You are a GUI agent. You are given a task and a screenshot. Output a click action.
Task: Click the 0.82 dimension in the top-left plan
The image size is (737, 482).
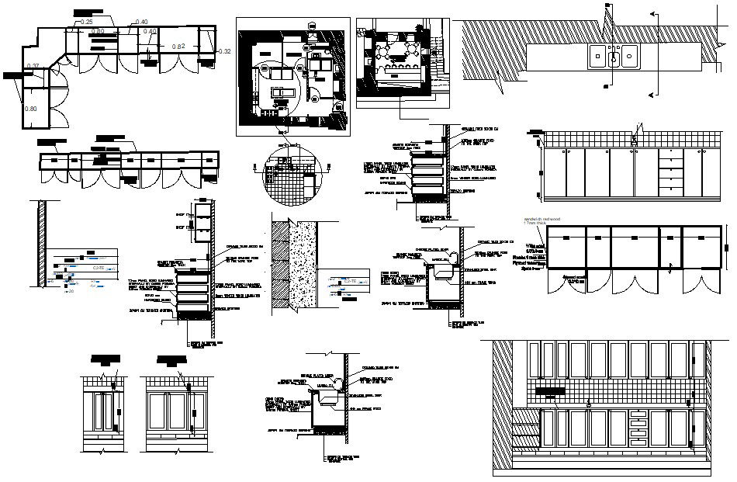[x=178, y=47]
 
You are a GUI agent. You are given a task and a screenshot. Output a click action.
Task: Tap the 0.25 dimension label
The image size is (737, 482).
[x=87, y=22]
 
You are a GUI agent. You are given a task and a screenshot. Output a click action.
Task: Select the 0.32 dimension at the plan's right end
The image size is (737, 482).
[x=225, y=51]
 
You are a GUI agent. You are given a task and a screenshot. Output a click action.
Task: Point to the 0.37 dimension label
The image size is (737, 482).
[x=33, y=66]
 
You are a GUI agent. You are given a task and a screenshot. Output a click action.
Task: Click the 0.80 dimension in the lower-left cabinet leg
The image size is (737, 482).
[x=31, y=109]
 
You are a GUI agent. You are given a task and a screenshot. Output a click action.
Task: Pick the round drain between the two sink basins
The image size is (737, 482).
[x=613, y=55]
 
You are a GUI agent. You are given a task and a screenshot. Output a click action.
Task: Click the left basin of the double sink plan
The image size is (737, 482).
[x=599, y=56]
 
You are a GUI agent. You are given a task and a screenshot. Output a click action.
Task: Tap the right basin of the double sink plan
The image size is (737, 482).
[x=627, y=56]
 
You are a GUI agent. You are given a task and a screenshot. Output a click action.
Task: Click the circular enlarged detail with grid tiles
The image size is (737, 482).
[x=290, y=176]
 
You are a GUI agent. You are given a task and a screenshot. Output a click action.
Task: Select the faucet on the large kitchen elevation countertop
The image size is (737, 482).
[x=590, y=402]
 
